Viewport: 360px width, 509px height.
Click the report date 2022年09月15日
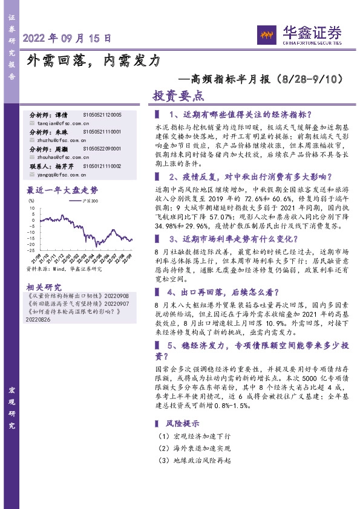tap(67, 37)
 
